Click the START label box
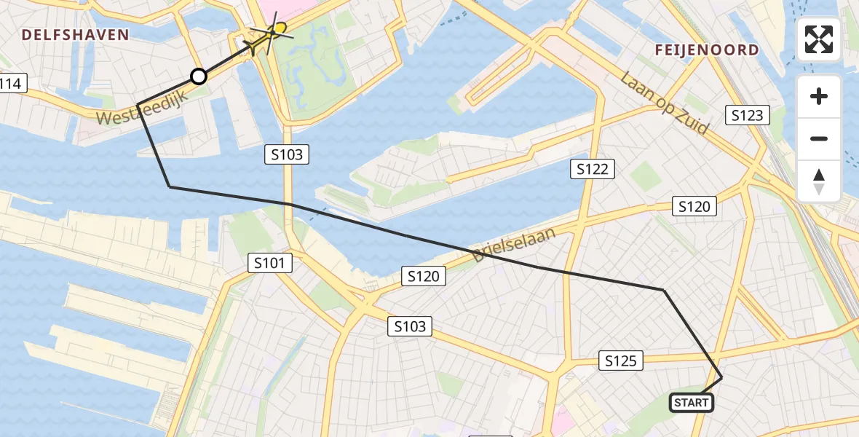pos(691,402)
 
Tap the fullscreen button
pos(819,39)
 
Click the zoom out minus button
pos(819,138)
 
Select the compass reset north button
pos(819,181)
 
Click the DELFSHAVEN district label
pos(75,34)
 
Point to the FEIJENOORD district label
pos(706,50)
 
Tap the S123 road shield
pos(748,115)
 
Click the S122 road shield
pos(592,169)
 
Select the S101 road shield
pos(270,263)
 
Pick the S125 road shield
pos(621,360)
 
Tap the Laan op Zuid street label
pos(665,103)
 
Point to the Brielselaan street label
pos(513,245)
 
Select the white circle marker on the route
pos(198,76)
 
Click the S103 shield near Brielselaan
pos(410,326)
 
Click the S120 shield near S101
pos(423,276)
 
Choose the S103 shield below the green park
pos(288,154)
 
